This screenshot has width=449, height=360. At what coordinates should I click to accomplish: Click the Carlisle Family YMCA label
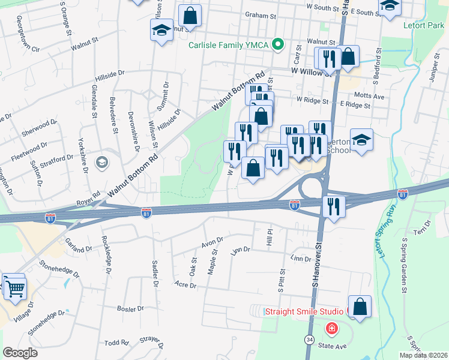[229, 44]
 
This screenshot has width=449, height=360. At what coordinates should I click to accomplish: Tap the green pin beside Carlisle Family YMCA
[278, 44]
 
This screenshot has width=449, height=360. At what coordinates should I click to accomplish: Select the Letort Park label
[424, 26]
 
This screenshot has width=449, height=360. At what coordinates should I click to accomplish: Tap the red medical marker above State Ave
[331, 329]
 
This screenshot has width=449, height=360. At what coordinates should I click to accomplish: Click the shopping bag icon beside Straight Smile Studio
[360, 307]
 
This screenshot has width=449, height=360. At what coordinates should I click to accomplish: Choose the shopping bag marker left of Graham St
[190, 16]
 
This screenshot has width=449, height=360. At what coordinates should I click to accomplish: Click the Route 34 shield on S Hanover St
[310, 340]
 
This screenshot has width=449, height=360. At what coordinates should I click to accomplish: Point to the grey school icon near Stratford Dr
[102, 162]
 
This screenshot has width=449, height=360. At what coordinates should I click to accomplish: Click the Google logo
[20, 352]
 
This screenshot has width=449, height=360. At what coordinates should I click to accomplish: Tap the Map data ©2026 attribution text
[423, 355]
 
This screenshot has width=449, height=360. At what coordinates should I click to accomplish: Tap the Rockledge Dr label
[106, 254]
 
